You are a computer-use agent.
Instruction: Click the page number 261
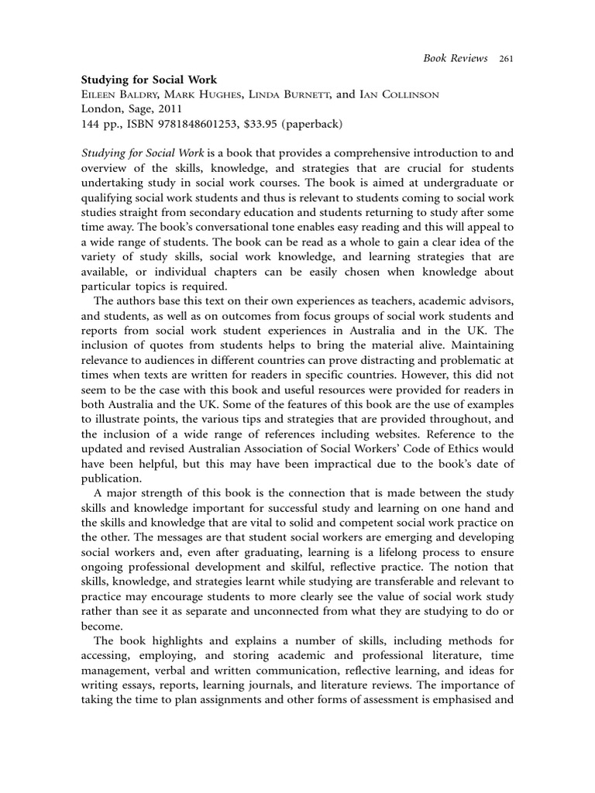pyautogui.click(x=507, y=58)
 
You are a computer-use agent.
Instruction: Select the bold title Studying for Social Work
pyautogui.click(x=150, y=79)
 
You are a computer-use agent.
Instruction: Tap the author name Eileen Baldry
pyautogui.click(x=119, y=94)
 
